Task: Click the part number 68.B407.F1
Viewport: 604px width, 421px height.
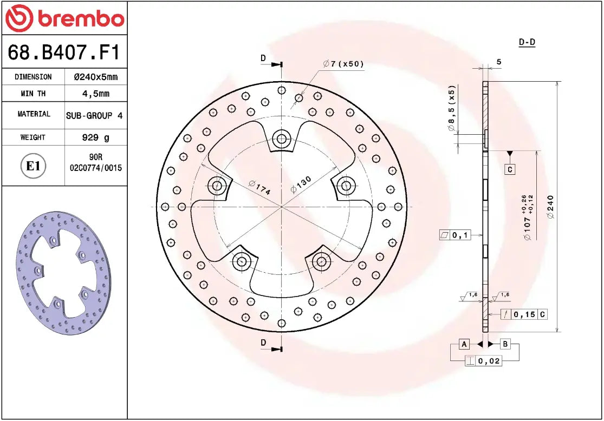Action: [x=64, y=52]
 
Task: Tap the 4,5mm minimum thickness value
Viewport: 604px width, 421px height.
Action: [x=95, y=94]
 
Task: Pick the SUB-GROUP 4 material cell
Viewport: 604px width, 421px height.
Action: [x=94, y=115]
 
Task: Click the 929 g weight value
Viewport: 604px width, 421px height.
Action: [x=95, y=137]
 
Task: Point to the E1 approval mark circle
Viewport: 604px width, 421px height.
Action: [x=33, y=166]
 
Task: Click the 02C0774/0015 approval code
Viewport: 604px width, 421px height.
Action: [x=96, y=168]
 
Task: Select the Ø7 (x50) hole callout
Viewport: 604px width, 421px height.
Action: [x=343, y=64]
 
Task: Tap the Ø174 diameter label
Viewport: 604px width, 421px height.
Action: [x=259, y=187]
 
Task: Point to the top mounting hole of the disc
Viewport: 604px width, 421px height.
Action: [x=281, y=139]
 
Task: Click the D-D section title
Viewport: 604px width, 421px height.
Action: [x=527, y=42]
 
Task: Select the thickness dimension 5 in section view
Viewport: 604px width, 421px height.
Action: [x=498, y=62]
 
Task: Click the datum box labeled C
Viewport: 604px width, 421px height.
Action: [x=510, y=170]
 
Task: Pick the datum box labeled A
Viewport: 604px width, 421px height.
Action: [x=464, y=344]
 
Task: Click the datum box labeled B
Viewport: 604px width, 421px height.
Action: [x=505, y=344]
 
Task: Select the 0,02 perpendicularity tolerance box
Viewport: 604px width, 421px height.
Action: [x=483, y=361]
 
